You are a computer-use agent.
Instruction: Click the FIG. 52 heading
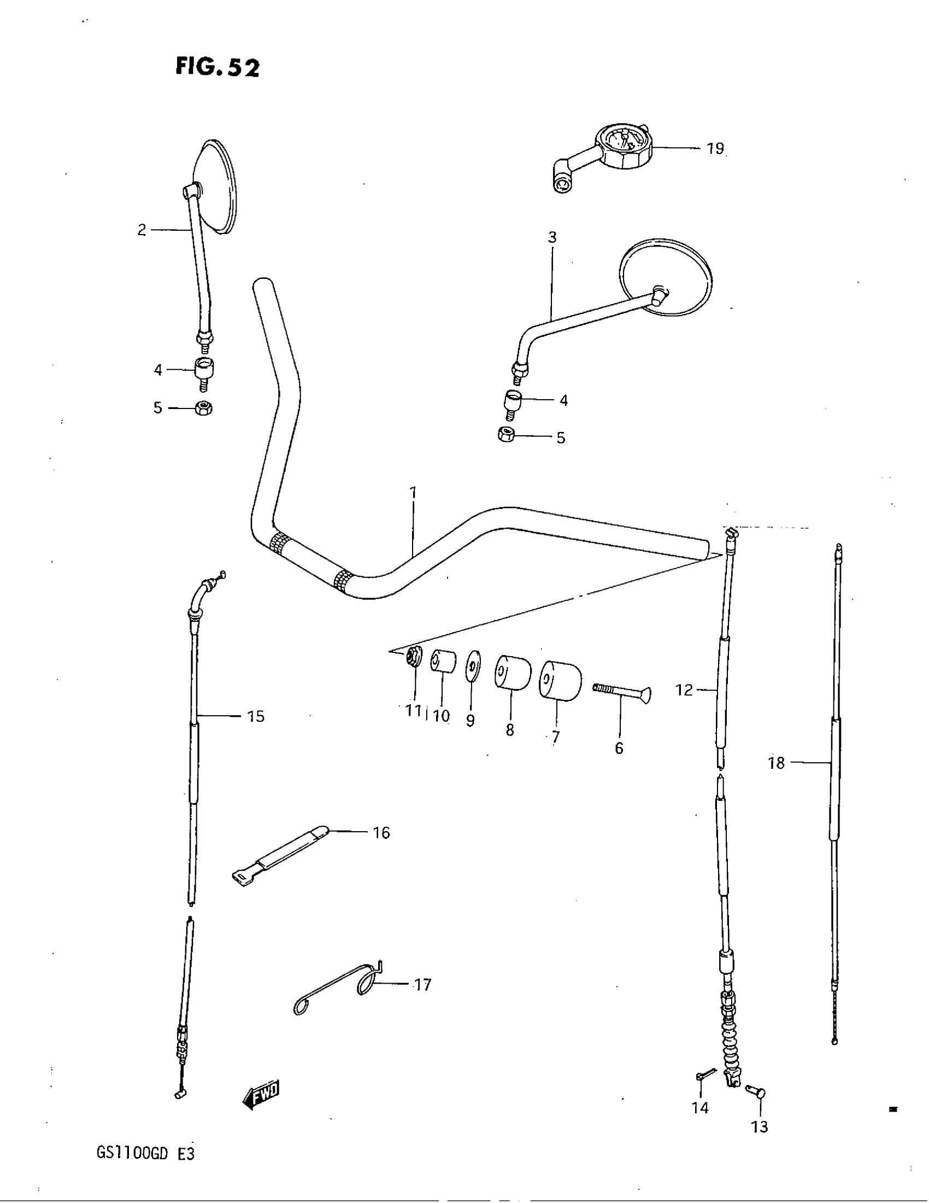click(x=217, y=67)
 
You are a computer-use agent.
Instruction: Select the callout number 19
click(x=715, y=149)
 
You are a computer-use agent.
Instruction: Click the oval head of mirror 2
click(x=217, y=187)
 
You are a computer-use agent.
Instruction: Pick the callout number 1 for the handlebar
click(x=413, y=493)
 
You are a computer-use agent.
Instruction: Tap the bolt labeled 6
click(x=621, y=693)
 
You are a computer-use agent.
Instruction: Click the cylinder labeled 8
click(x=513, y=671)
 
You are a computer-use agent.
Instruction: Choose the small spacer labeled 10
click(x=443, y=661)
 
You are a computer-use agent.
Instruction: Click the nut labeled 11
click(x=413, y=657)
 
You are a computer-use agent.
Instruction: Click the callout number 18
click(x=776, y=763)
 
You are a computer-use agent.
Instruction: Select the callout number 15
click(x=256, y=716)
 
